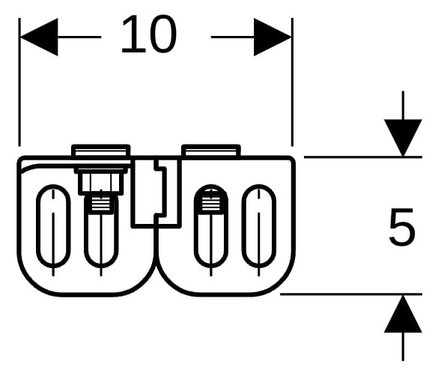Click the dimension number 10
pos(149,34)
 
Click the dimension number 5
pos(402,227)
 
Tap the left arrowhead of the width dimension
pos(39,37)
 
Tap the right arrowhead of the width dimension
pos(273,37)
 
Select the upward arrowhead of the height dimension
pos(403,314)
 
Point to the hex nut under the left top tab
pos(101,181)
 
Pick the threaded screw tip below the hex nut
pos(101,204)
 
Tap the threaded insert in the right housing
pos(210,201)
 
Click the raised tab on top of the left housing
pos(101,151)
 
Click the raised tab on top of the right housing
pos(211,151)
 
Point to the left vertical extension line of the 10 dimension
pos(19,82)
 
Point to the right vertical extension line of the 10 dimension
pos(293,82)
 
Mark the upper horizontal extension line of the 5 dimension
pos(363,157)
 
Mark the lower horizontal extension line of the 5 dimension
pos(351,294)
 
